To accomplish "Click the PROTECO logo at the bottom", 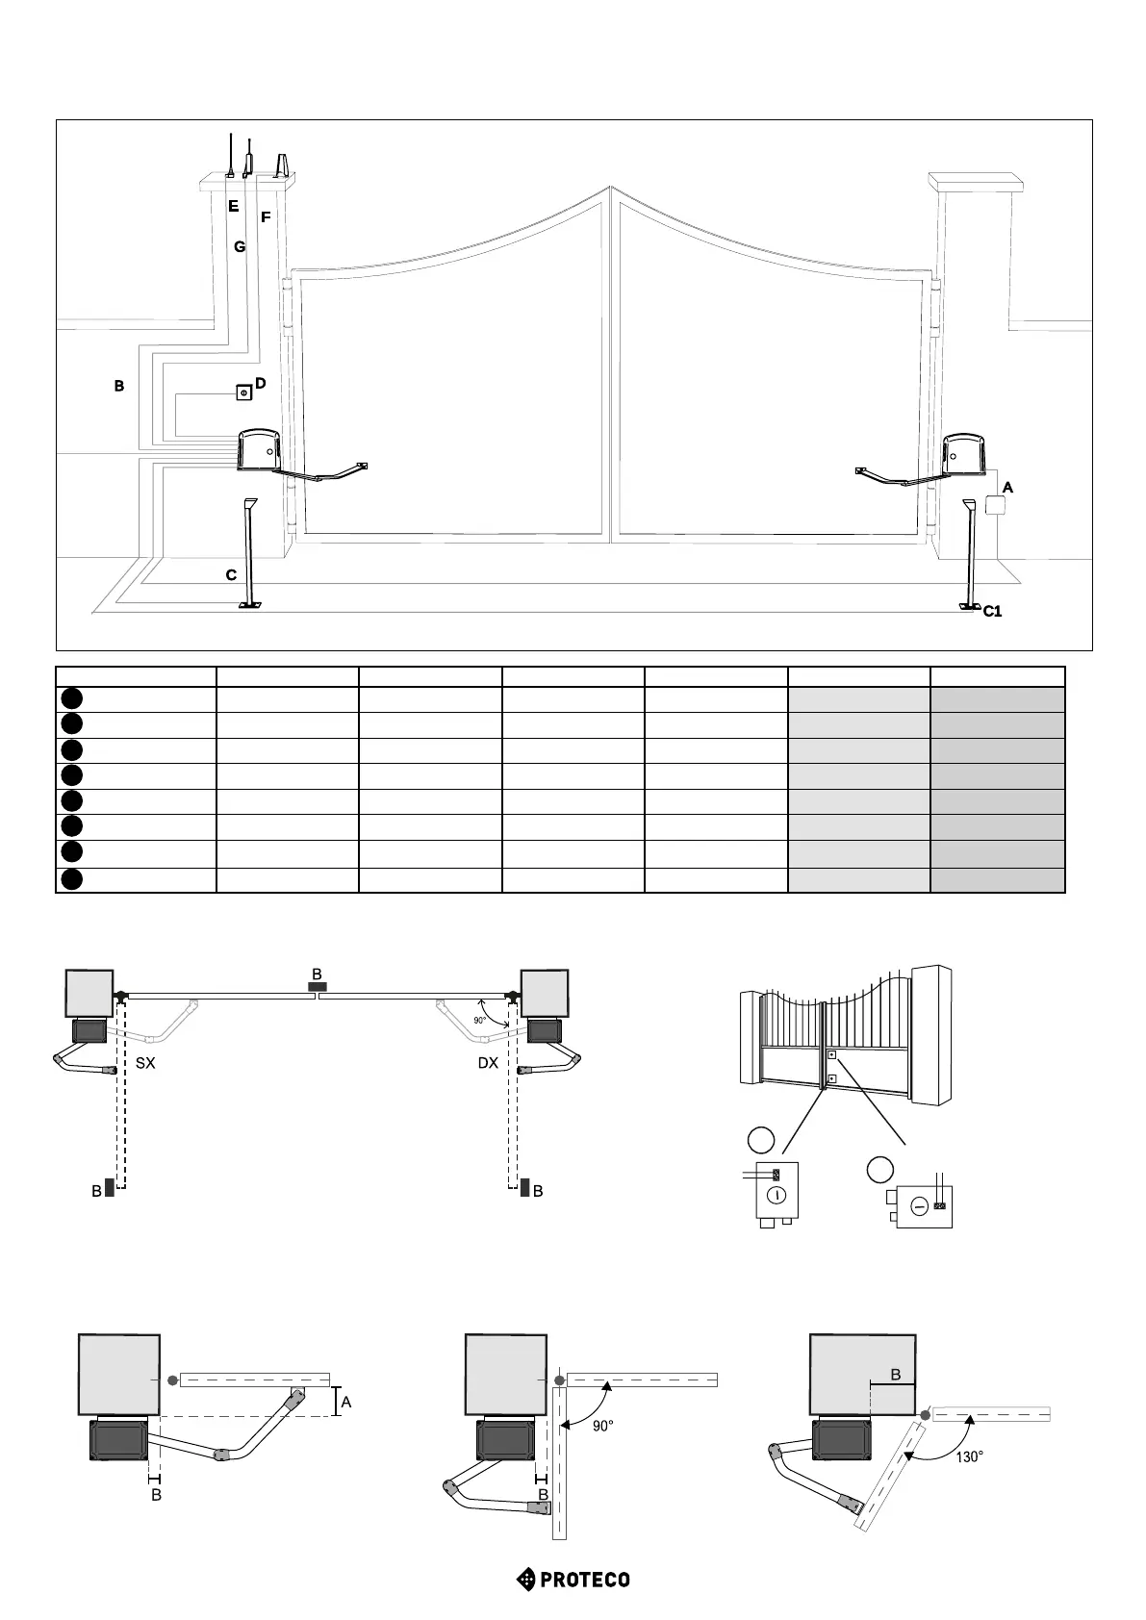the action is tap(573, 1579).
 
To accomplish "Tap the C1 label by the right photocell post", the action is tap(992, 611).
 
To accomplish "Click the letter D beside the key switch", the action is tap(260, 383).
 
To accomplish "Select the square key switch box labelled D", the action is tap(243, 392).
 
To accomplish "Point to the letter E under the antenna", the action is tap(233, 206).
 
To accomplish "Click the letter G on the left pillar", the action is tap(240, 246).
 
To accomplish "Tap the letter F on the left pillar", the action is tap(266, 217).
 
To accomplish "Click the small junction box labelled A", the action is tap(995, 506).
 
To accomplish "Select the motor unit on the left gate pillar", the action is tap(260, 450).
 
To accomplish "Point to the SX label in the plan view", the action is tap(145, 1063).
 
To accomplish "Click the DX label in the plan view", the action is tap(488, 1063).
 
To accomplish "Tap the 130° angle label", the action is tap(969, 1456).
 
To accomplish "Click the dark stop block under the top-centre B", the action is tap(317, 987).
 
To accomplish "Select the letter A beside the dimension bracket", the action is tap(346, 1402).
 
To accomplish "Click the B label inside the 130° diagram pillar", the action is tap(895, 1375).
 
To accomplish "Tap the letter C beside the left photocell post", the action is tap(231, 575).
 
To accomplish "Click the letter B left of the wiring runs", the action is tap(119, 386).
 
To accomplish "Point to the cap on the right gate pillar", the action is tap(974, 181).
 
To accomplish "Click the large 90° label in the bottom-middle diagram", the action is tap(602, 1426).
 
